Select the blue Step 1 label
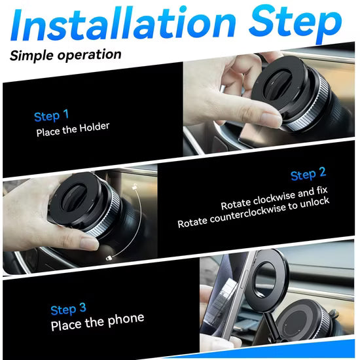[51, 117]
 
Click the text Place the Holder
[73, 127]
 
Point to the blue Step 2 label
[308, 175]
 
